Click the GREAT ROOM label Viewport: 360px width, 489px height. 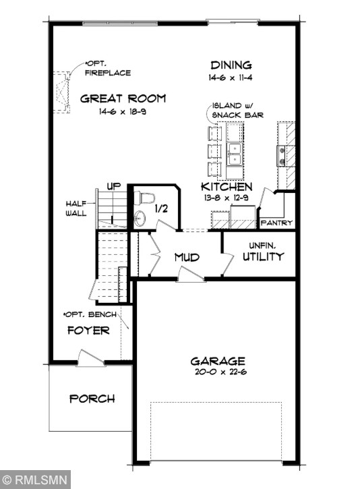(123, 98)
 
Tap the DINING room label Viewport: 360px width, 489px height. (231, 65)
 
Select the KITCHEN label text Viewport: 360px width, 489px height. (227, 187)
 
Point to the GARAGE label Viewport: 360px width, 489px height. (217, 361)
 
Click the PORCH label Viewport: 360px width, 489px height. (92, 399)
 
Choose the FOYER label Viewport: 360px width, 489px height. (88, 330)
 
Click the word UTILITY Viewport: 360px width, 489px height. (263, 257)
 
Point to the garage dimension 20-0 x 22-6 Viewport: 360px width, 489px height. (217, 372)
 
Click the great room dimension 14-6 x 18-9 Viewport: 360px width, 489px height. (123, 111)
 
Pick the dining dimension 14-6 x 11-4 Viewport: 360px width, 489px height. (231, 78)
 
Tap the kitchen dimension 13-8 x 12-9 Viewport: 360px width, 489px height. (227, 198)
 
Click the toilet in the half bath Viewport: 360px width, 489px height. (144, 198)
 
